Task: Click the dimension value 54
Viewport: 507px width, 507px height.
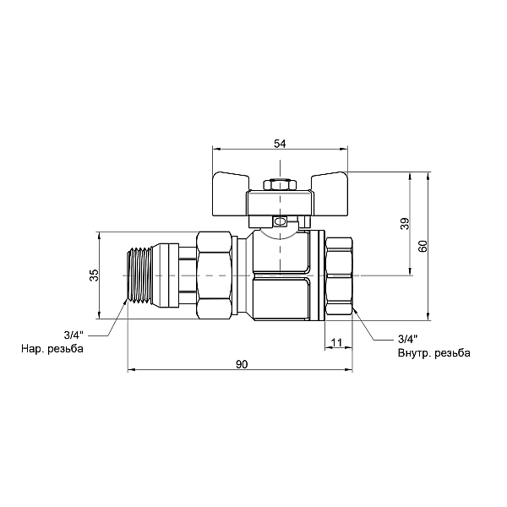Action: (x=280, y=144)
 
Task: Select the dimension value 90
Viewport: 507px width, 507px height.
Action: (x=241, y=364)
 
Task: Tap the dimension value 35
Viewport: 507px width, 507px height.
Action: (x=94, y=275)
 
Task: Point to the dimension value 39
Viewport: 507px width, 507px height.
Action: (x=405, y=223)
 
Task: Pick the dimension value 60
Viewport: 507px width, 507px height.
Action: (x=423, y=246)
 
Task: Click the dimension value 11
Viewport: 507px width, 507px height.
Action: (x=336, y=342)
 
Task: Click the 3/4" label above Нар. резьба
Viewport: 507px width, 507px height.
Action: (x=74, y=335)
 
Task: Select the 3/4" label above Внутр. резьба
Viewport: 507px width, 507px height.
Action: (x=408, y=339)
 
